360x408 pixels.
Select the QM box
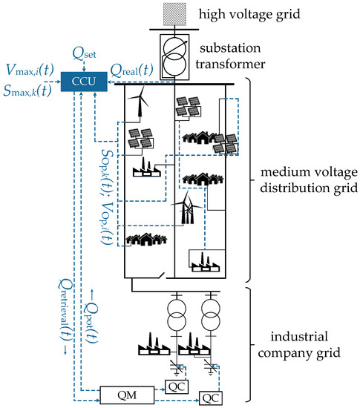tap(123, 392)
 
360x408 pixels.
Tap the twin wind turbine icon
tap(186, 211)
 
